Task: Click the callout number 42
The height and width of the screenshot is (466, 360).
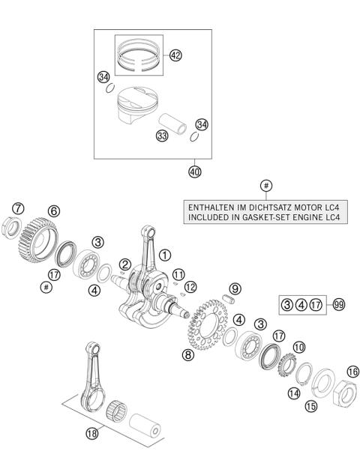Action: coord(175,55)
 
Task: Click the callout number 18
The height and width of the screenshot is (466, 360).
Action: coord(91,435)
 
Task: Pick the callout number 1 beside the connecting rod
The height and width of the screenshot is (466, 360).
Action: coord(164,255)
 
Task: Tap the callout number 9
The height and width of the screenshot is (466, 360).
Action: coord(235,288)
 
